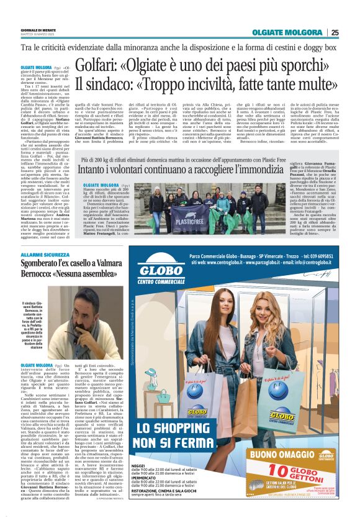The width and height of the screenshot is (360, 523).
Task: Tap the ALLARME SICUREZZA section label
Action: click(45, 255)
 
